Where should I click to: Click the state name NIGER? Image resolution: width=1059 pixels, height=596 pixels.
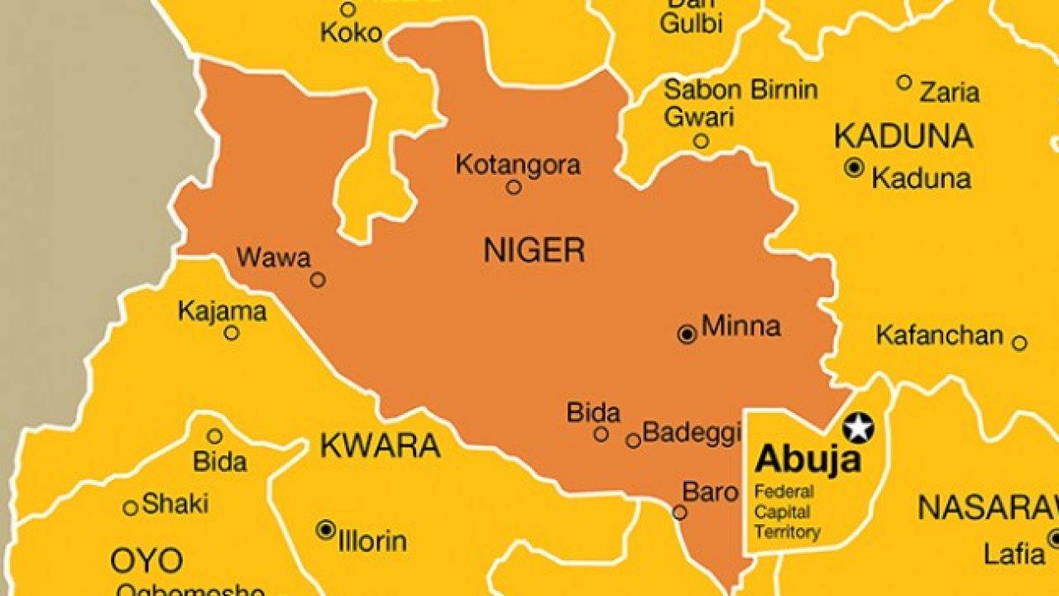[534, 249]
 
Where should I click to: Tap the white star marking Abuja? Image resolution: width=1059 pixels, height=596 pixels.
[859, 427]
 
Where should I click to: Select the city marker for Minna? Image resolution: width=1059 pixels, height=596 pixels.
[687, 334]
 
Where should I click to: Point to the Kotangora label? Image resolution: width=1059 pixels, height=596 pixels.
[518, 165]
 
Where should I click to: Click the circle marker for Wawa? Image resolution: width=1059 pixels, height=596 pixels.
[318, 280]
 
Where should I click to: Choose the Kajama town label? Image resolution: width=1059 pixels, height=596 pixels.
[223, 311]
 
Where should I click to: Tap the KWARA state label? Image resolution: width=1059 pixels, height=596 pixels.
[380, 446]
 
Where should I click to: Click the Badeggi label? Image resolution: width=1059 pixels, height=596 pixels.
[692, 432]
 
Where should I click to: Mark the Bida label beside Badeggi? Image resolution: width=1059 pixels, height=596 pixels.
[593, 412]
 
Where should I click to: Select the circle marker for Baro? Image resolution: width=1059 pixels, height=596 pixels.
[679, 512]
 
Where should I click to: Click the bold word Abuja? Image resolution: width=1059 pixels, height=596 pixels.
[807, 459]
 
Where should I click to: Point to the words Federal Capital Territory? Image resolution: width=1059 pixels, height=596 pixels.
[787, 512]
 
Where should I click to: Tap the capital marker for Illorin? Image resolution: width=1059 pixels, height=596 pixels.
[327, 529]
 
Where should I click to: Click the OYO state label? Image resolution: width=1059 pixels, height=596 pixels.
[146, 561]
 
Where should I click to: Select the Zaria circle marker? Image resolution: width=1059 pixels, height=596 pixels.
[904, 82]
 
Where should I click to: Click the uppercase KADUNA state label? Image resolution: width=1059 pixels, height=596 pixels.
[903, 136]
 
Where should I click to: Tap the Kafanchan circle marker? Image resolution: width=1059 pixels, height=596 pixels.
[1019, 343]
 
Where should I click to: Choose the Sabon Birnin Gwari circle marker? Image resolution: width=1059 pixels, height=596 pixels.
[701, 141]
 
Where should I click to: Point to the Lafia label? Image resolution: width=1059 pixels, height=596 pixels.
[1014, 553]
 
